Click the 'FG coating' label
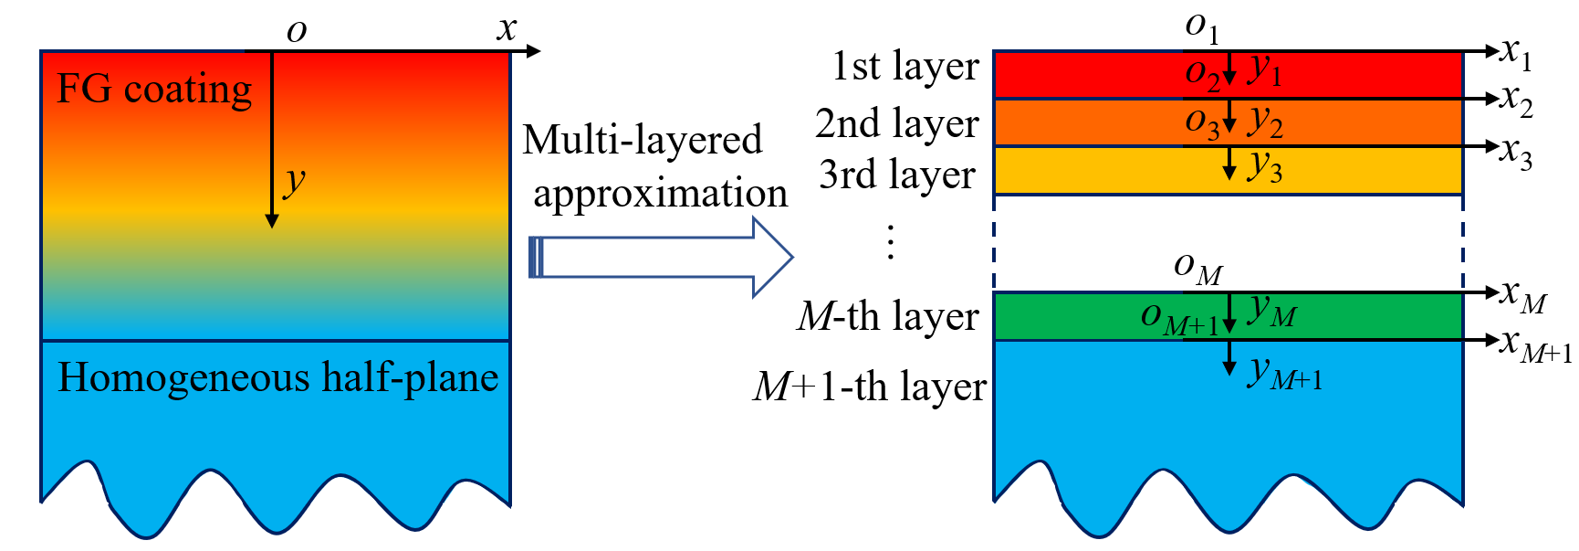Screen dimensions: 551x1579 (154, 90)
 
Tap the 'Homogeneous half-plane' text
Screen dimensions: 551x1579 (277, 377)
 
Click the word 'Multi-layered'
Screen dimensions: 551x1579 (642, 140)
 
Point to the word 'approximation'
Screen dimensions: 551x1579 (660, 194)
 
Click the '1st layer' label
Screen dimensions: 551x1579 (905, 67)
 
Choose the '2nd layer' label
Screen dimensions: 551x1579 (896, 123)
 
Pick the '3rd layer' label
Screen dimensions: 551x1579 (896, 174)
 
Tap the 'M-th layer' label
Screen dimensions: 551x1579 (887, 316)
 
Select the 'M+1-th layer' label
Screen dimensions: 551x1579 (869, 387)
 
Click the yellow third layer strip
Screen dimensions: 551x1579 (1095, 170)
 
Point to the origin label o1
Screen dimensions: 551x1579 (1201, 27)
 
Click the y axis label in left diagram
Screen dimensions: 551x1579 (294, 181)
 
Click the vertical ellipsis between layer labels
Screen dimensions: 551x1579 (891, 243)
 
